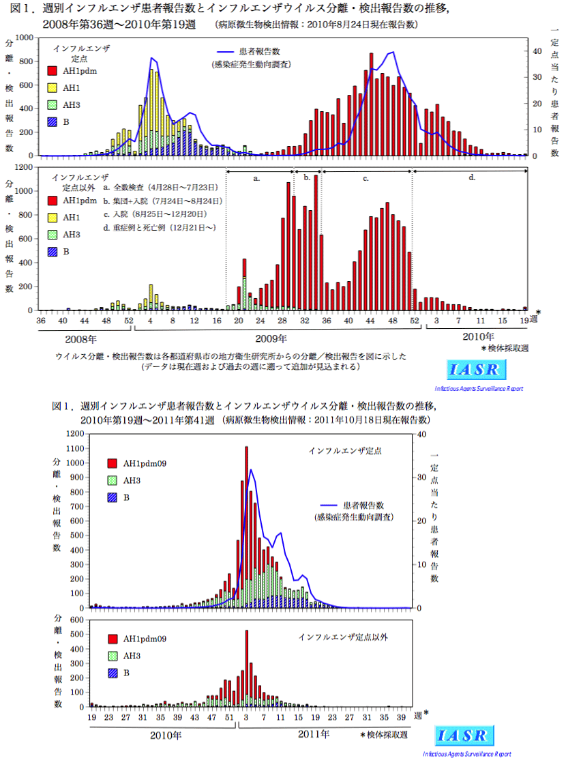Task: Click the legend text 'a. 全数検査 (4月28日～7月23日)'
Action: tap(160, 187)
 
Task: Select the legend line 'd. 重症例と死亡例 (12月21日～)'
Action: tap(160, 227)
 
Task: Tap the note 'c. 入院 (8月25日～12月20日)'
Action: tap(160, 214)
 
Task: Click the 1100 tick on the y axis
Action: tap(75, 448)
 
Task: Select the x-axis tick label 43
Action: tap(194, 718)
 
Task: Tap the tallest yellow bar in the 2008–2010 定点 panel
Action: tap(151, 102)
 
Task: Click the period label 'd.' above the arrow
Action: tap(472, 178)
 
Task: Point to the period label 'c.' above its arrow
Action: tap(366, 178)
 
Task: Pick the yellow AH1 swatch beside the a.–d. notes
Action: tap(52, 218)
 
